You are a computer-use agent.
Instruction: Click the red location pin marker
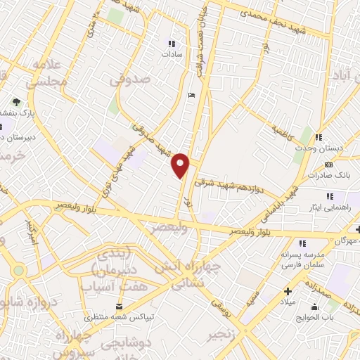pos(181,164)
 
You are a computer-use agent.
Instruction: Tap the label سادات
pos(172,53)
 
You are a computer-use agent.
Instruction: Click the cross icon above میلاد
pos(287,290)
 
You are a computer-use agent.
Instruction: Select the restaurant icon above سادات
pos(172,42)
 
